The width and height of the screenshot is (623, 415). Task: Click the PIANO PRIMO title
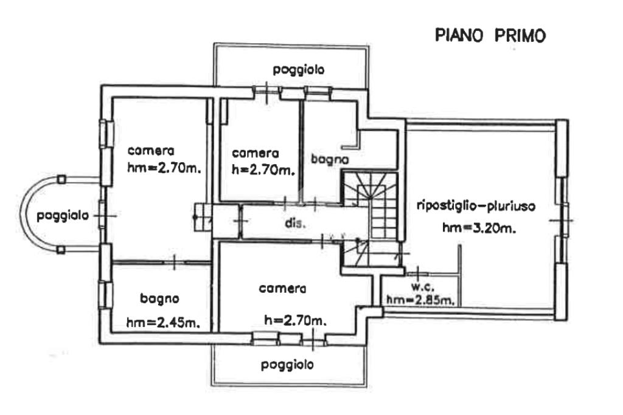(490, 35)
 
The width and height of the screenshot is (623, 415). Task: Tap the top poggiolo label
(298, 69)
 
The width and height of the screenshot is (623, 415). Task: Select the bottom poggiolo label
(287, 365)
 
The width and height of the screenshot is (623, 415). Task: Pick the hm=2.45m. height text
(164, 323)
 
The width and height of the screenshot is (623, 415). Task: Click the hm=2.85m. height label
(420, 300)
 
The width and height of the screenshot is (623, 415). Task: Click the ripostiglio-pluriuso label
(476, 206)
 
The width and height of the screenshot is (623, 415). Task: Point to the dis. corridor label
(293, 222)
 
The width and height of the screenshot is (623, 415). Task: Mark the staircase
(371, 219)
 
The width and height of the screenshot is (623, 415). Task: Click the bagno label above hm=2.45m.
(159, 298)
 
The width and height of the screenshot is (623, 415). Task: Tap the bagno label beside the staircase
(329, 160)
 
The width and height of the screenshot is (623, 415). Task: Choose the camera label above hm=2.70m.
(151, 151)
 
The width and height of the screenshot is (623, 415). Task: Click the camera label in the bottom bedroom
(282, 289)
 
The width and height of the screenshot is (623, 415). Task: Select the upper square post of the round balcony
(61, 179)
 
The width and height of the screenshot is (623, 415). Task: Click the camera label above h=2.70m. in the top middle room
(256, 153)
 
